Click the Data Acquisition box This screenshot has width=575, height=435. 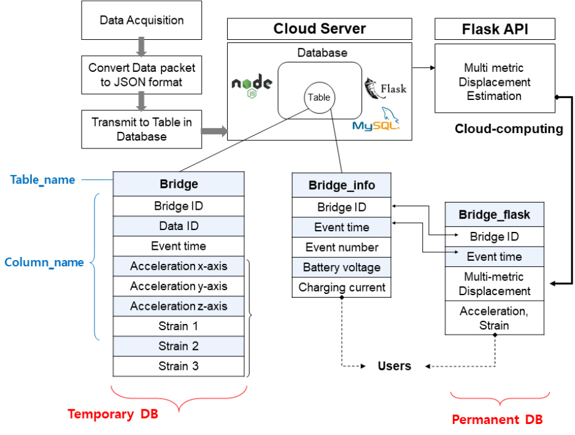pos(142,20)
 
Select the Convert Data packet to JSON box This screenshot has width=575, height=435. pos(142,74)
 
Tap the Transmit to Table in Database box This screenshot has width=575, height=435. pos(142,129)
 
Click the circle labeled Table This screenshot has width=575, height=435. pos(318,97)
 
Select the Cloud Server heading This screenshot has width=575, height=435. pos(320,29)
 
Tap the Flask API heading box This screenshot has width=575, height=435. pos(495,29)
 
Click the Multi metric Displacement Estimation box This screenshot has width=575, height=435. pos(495,82)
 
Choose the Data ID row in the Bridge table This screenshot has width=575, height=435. pos(179,226)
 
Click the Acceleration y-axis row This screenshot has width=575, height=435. pos(179,286)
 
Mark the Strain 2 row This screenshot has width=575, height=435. pos(179,346)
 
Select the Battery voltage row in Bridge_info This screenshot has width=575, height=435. pos(341,268)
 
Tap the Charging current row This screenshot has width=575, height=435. pos(341,287)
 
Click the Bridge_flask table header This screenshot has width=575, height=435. pos(495,215)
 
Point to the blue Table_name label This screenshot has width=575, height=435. pos(43,180)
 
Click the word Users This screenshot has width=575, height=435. pos(395,366)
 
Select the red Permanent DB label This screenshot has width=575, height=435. pos(497,420)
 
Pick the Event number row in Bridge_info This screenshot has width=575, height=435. pos(341,247)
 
